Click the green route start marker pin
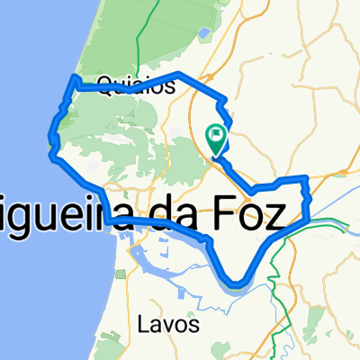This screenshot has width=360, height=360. [x=217, y=138]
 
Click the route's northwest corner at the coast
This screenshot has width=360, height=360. [x=72, y=81]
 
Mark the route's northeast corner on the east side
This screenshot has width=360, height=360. [x=308, y=178]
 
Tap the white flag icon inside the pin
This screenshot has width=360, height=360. [x=217, y=135]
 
